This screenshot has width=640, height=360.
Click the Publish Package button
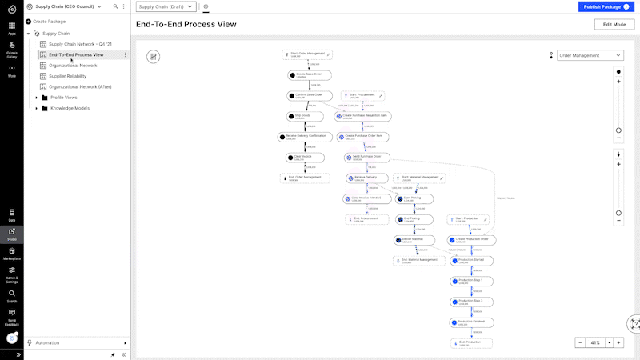pyautogui.click(x=605, y=6)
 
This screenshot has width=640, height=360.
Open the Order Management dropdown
pyautogui.click(x=590, y=56)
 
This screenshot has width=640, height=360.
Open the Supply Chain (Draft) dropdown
pyautogui.click(x=166, y=6)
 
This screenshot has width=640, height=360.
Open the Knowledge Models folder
pyautogui.click(x=70, y=108)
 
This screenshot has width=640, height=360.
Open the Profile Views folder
pyautogui.click(x=63, y=98)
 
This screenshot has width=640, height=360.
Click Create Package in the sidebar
pyautogui.click(x=49, y=22)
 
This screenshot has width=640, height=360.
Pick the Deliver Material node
pyautogui.click(x=414, y=240)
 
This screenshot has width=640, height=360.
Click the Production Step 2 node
pyautogui.click(x=471, y=302)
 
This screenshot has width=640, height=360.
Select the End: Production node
pyautogui.click(x=471, y=343)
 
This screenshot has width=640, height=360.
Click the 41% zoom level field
pyautogui.click(x=594, y=342)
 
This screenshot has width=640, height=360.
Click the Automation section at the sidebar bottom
pyautogui.click(x=48, y=342)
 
